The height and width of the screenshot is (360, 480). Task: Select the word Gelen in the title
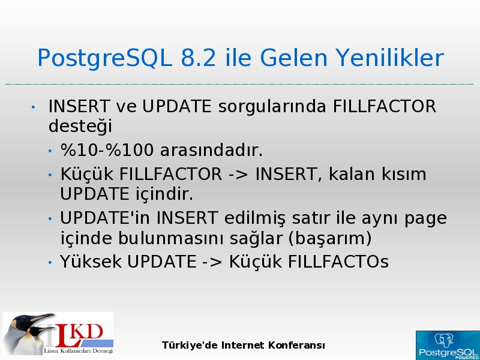click(294, 58)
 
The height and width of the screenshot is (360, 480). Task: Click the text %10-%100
click(107, 151)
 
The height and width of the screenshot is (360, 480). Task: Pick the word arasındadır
click(211, 151)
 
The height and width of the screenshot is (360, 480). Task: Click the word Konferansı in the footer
click(296, 346)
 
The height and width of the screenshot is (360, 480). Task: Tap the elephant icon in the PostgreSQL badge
click(444, 340)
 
